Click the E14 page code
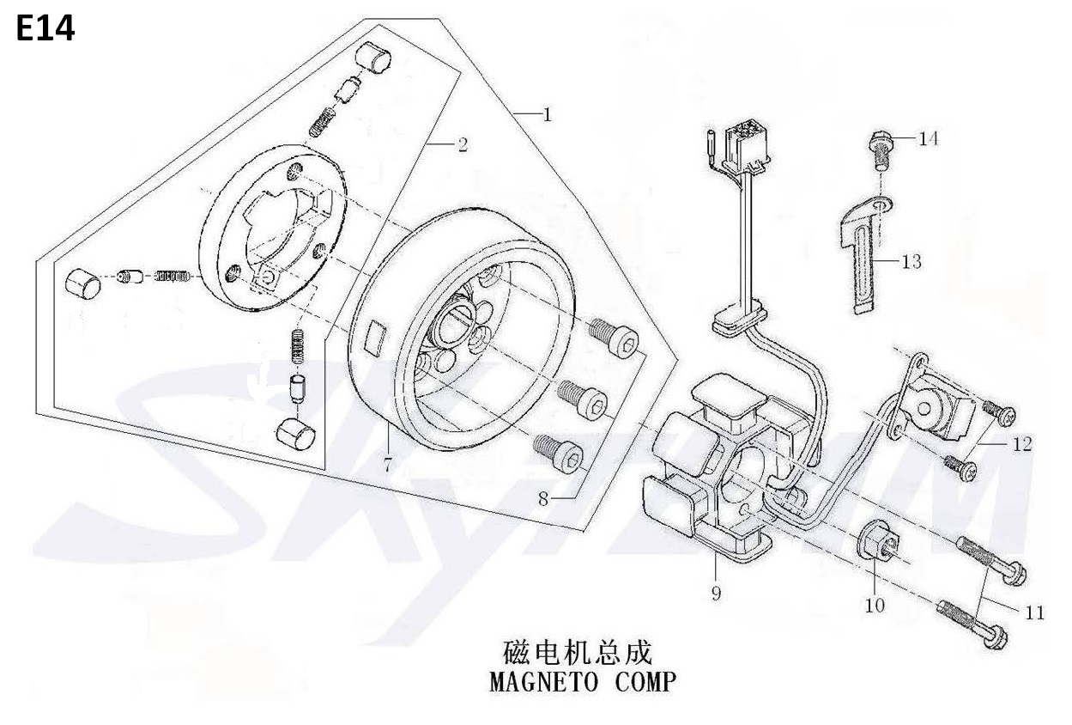(45, 28)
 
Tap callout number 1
(547, 115)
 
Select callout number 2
(463, 144)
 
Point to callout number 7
(388, 464)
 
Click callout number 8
(543, 499)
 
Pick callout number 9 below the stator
(716, 594)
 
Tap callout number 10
(875, 606)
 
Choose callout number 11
(1035, 613)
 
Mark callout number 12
(1022, 444)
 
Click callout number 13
(912, 262)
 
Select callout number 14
(929, 139)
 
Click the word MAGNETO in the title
(543, 681)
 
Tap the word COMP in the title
(645, 681)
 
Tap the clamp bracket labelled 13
(865, 253)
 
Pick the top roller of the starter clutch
(372, 58)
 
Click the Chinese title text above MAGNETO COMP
(578, 653)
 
